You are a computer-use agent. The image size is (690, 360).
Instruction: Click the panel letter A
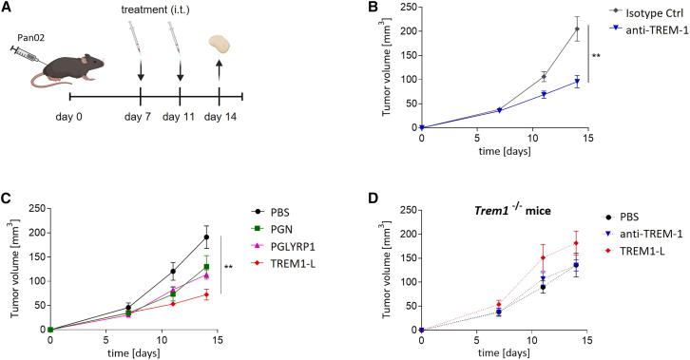pos(8,9)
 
